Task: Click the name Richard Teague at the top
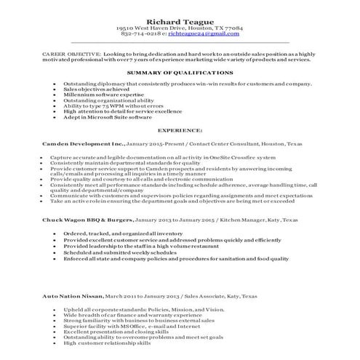(x=179, y=19)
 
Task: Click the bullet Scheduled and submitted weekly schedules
(x=117, y=252)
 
